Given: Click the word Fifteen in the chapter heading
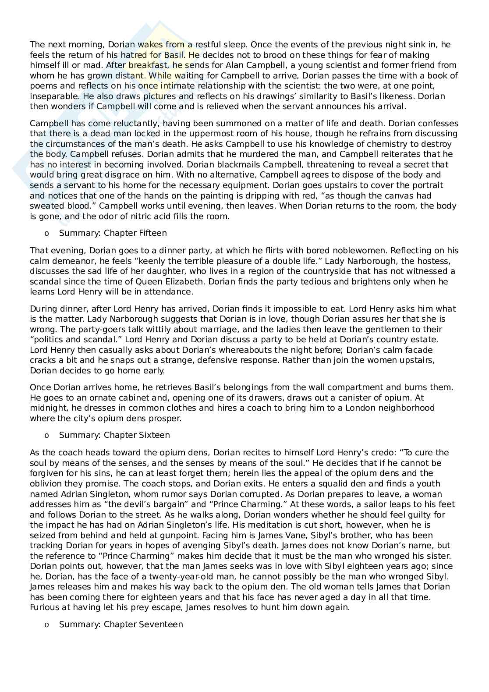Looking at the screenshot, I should click(x=153, y=233).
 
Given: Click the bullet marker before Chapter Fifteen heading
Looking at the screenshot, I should click(x=46, y=234).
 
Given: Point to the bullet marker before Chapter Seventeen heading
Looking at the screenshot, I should click(x=46, y=625).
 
